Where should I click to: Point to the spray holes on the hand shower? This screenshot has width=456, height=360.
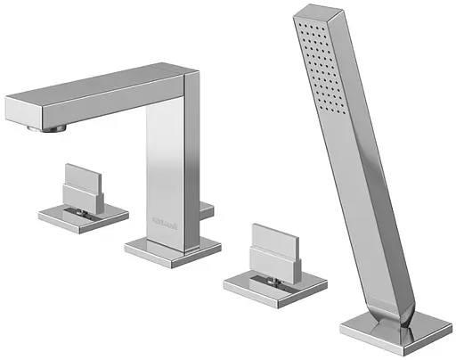tap(323, 62)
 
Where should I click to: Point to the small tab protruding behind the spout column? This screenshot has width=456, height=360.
tap(208, 209)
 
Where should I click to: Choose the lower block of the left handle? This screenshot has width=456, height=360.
tap(81, 193)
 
